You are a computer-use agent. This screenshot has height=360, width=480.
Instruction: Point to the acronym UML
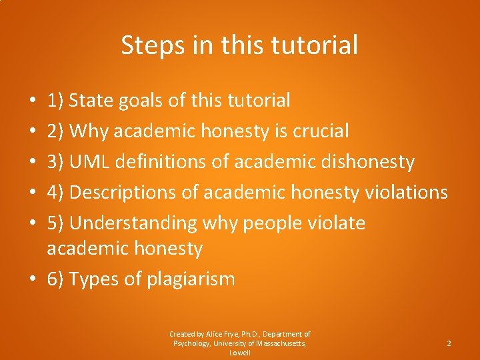pos(89,162)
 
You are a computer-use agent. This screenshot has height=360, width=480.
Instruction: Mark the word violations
pos(406,193)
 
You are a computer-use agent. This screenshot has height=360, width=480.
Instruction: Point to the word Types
pos(94,279)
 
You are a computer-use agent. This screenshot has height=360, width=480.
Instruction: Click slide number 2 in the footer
pos(449,343)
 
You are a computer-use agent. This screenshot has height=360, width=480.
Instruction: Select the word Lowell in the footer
pos(239,353)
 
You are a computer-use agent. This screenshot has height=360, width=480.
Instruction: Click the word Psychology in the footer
pos(192,343)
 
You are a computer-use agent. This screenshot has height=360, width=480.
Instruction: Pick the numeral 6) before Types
pos(55,279)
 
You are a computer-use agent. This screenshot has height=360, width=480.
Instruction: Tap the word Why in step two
pos(89,131)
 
